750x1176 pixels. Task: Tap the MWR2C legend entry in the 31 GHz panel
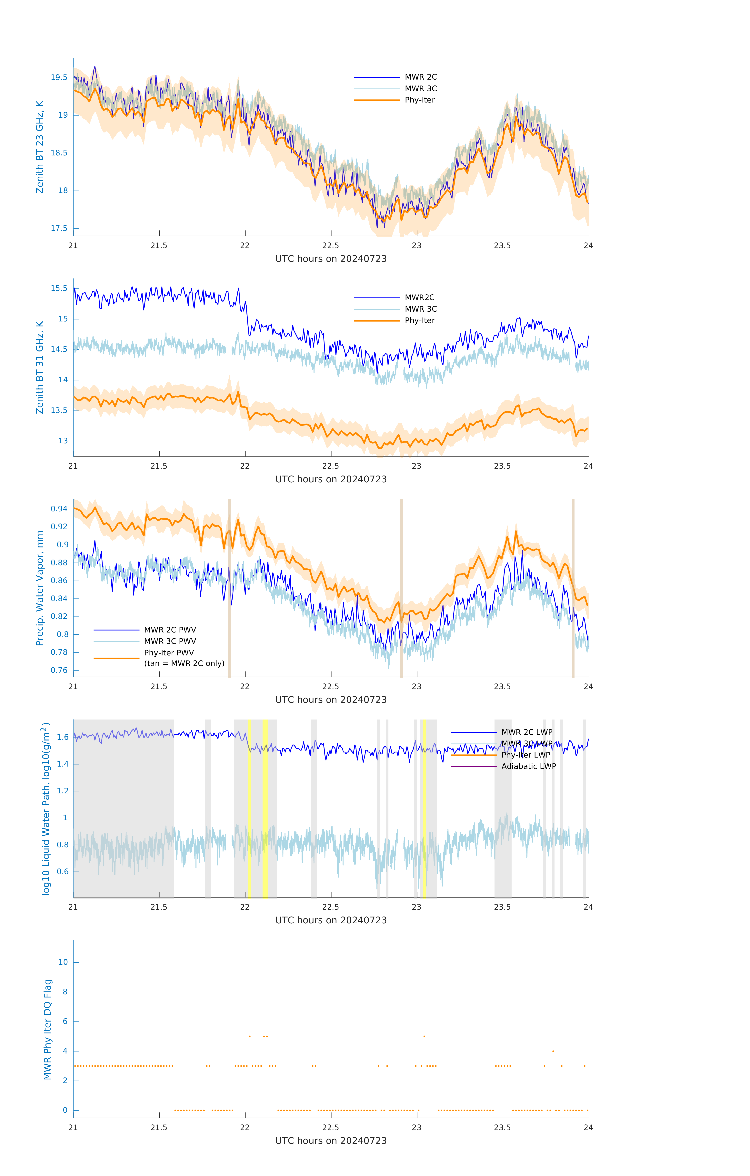click(419, 297)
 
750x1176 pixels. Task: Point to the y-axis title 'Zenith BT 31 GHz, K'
click(40, 367)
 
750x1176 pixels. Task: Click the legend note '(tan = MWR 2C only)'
click(184, 663)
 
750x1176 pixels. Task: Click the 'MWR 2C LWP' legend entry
click(527, 732)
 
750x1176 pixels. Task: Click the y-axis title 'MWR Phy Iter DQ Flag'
click(47, 1029)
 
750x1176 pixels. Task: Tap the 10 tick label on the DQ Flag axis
click(63, 962)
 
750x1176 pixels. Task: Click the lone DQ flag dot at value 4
click(553, 1051)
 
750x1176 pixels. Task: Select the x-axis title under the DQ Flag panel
click(331, 1140)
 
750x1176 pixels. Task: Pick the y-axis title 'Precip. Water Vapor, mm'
click(40, 588)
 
